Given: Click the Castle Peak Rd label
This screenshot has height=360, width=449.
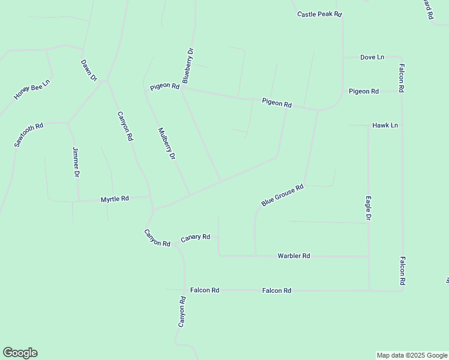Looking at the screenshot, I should (319, 14).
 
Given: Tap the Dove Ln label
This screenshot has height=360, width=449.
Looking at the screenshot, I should (372, 57).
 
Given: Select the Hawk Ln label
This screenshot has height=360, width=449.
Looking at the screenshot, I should (385, 125).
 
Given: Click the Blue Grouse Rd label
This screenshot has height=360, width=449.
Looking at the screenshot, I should (283, 196).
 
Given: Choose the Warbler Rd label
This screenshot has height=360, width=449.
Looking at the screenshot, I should (294, 256).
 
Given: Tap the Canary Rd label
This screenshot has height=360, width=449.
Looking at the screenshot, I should (195, 237).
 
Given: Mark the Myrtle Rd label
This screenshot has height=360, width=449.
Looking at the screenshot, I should (115, 199).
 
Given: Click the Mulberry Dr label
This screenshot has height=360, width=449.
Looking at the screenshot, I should (166, 143).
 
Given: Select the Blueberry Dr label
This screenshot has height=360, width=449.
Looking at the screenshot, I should (187, 65).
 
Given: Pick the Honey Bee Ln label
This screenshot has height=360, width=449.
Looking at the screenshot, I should (32, 89).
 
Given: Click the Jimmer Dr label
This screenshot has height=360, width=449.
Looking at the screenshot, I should (76, 162).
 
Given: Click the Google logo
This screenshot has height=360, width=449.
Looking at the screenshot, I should (20, 353).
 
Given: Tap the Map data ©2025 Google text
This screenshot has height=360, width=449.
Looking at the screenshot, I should (412, 355).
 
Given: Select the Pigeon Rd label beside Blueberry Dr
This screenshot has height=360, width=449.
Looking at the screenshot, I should (165, 86).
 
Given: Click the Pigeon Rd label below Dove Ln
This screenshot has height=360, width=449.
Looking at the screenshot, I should (364, 91).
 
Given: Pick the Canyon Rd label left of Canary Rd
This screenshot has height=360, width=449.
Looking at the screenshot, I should (157, 238).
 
